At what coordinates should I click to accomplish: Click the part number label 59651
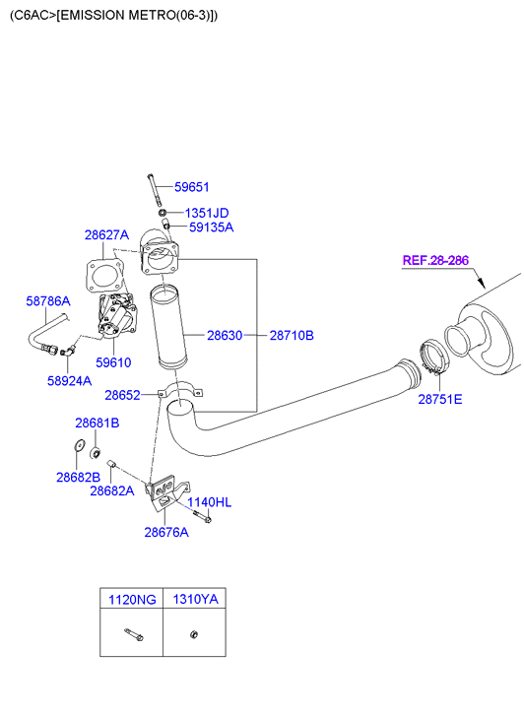[191, 187]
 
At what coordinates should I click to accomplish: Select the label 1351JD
[207, 213]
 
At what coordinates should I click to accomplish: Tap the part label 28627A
[106, 235]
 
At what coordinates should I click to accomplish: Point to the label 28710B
[292, 335]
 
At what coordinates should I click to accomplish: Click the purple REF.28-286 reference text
[435, 260]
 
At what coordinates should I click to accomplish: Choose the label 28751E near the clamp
[440, 399]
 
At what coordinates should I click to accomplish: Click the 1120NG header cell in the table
[132, 600]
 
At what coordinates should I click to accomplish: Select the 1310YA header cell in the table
[195, 599]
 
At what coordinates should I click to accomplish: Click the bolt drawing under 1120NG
[133, 634]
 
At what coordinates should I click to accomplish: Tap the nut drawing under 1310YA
[194, 634]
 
